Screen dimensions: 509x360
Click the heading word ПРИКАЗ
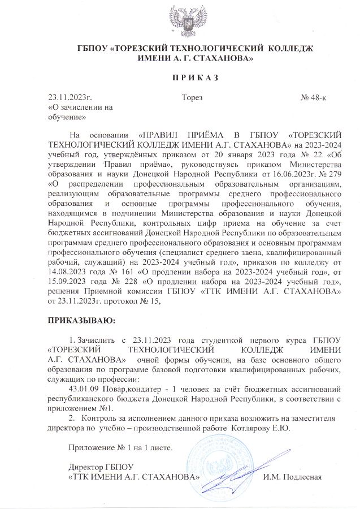pyautogui.click(x=179, y=77)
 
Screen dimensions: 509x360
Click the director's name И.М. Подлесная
pyautogui.click(x=293, y=476)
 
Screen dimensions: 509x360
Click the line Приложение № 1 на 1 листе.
pyautogui.click(x=119, y=448)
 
